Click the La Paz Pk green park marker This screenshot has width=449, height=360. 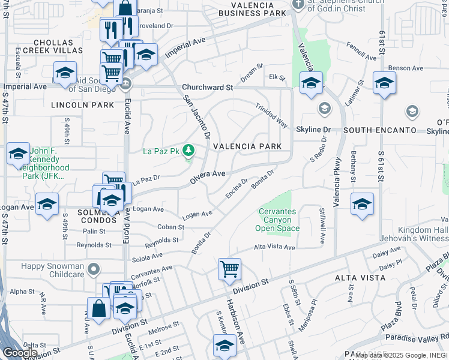click(188, 150)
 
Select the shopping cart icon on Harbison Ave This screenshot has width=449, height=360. click(229, 269)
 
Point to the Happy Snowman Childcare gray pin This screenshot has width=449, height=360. click(93, 271)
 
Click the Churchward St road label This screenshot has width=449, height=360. click(208, 87)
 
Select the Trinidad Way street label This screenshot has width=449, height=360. click(271, 116)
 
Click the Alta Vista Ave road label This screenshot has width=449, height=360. click(274, 247)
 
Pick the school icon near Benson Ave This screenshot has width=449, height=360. click(384, 83)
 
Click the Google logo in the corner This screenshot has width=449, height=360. click(20, 353)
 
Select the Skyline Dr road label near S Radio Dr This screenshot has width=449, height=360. click(313, 130)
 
